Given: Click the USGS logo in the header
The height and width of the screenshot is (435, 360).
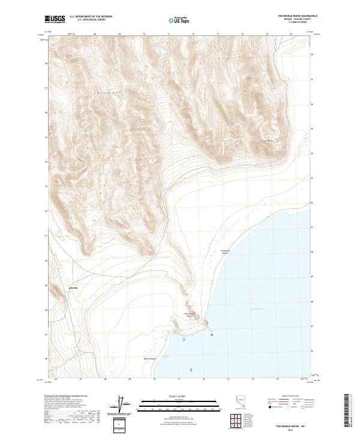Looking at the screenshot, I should pyautogui.click(x=55, y=19).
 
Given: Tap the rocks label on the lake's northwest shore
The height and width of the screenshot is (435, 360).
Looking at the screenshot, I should pyautogui.click(x=225, y=253).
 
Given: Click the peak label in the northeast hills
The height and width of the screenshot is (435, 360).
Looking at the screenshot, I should pyautogui.click(x=269, y=141).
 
